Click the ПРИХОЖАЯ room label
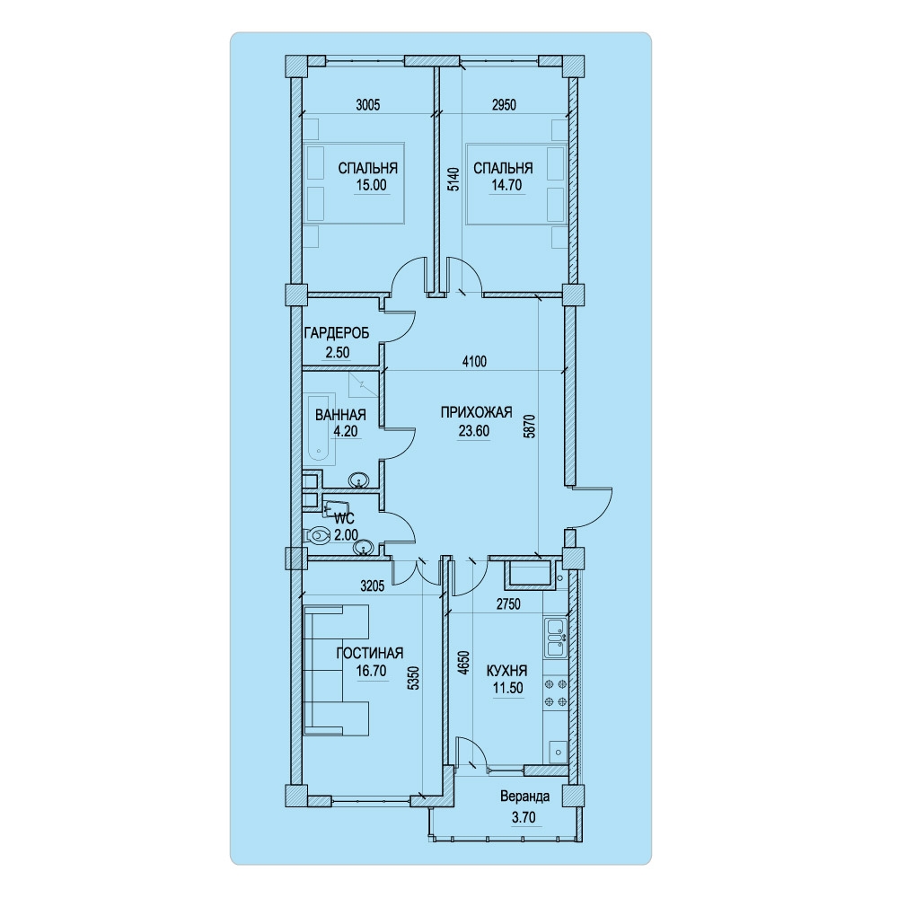(x=476, y=412)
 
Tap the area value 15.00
(x=371, y=185)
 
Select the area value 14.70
(x=506, y=185)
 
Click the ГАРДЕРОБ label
(x=337, y=333)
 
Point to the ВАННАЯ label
(x=340, y=415)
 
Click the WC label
(x=345, y=519)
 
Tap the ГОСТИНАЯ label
(x=370, y=653)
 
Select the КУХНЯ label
(x=506, y=671)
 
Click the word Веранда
(x=524, y=797)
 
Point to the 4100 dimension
(x=474, y=361)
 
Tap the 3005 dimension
(x=367, y=105)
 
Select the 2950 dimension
(x=504, y=105)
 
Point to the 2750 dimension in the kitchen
(x=508, y=603)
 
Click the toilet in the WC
(x=315, y=536)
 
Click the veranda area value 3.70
(x=524, y=817)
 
